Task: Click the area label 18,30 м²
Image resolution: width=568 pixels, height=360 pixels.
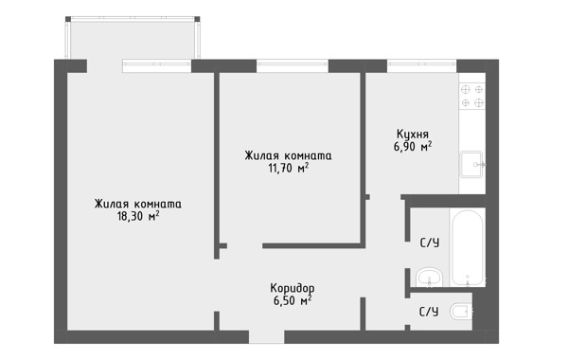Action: [138, 217]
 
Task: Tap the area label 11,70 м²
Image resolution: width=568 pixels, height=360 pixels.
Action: [289, 169]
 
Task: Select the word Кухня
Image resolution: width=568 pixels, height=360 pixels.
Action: [413, 135]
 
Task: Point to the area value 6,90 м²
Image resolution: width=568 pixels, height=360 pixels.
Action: [413, 147]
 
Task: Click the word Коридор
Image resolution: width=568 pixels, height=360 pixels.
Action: [293, 289]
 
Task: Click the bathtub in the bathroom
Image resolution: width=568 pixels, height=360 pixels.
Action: [468, 247]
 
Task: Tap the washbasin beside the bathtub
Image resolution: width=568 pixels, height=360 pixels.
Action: [429, 279]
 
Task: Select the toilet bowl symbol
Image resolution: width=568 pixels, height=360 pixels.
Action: [461, 312]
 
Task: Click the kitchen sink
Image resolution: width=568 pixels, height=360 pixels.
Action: [471, 164]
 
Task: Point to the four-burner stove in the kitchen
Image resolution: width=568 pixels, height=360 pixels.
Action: [472, 96]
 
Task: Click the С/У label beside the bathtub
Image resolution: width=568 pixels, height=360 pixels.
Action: [430, 243]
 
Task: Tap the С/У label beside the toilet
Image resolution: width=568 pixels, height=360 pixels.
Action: [429, 312]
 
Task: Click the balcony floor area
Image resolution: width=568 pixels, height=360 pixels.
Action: [133, 41]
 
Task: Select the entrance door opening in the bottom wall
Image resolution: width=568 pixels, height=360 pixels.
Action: [267, 337]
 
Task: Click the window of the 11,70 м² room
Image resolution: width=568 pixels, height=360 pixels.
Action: [293, 66]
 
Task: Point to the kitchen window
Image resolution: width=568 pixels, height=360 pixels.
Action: [421, 66]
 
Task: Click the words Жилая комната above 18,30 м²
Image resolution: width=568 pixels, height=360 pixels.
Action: [138, 204]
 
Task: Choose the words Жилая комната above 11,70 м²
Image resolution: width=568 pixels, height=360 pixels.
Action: [289, 155]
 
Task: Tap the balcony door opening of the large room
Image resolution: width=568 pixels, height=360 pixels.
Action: [105, 66]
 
